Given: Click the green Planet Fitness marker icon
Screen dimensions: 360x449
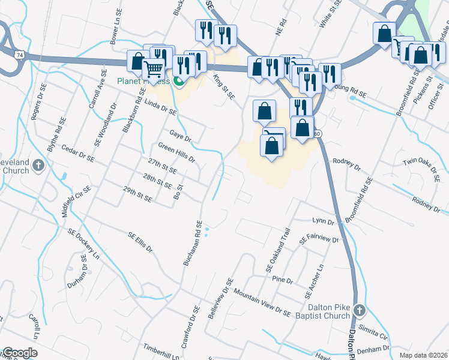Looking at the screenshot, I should (178, 81).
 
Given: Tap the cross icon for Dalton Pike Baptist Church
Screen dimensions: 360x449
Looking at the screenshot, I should (359, 310).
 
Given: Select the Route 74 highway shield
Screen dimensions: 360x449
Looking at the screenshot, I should (20, 55).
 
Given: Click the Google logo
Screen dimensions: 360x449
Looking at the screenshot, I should (19, 353).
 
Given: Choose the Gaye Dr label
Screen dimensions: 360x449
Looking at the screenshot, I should (180, 135).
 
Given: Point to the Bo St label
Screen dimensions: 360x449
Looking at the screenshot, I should (178, 193).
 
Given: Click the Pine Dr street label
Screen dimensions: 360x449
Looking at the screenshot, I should (282, 280).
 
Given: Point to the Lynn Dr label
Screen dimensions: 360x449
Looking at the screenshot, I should (322, 222).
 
